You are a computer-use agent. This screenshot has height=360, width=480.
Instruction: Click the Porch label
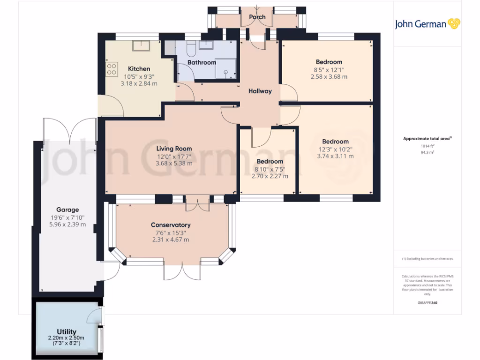pyautogui.click(x=257, y=17)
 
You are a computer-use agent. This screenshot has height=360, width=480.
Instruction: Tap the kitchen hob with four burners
pyautogui.click(x=112, y=69)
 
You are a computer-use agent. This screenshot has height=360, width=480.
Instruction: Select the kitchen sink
pyautogui.click(x=141, y=45)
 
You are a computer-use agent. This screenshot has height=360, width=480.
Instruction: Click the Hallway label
pyautogui.click(x=260, y=91)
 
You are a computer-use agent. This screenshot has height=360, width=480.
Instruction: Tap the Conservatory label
pyautogui.click(x=171, y=225)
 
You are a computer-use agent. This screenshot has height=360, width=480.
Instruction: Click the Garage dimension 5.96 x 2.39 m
pyautogui.click(x=67, y=224)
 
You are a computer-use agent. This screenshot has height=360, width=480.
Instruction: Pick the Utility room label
pyautogui.click(x=66, y=332)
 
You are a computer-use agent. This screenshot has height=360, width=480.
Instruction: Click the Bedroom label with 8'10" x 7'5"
pyautogui.click(x=270, y=162)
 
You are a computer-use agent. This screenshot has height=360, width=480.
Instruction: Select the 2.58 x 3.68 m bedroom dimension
pyautogui.click(x=329, y=76)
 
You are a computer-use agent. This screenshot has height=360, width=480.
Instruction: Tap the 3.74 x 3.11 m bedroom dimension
pyautogui.click(x=335, y=156)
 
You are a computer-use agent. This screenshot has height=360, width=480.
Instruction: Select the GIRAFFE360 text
pyautogui.click(x=427, y=303)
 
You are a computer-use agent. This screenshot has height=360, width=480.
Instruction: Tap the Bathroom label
pyautogui.click(x=202, y=62)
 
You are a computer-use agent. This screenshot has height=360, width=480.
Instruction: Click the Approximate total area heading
pyautogui.click(x=427, y=138)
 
